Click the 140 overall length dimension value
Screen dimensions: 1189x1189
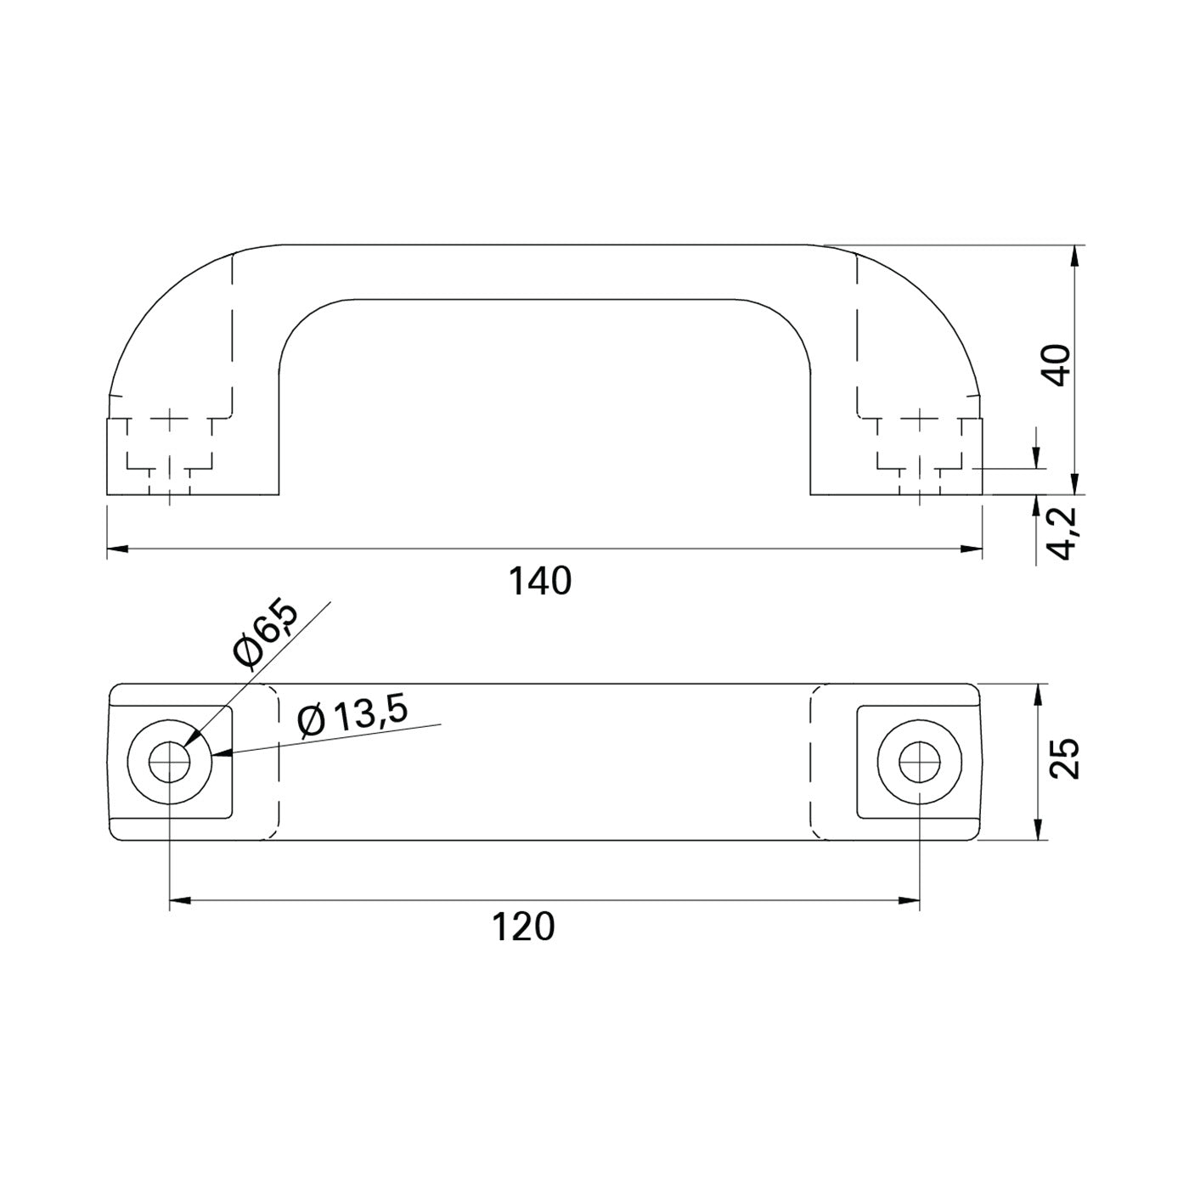coord(540,582)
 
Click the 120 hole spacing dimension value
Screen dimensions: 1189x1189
coord(523,927)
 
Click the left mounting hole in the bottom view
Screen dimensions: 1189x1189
coord(170,763)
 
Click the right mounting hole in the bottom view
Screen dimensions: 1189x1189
coord(920,763)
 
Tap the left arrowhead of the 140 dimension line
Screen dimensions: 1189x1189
coord(117,549)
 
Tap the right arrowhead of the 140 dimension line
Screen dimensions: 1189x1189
coord(972,549)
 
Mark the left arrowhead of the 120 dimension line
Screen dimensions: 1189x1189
coord(180,900)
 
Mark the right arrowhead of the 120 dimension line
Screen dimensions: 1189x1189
coord(910,900)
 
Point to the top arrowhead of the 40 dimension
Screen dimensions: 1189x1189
coord(1076,256)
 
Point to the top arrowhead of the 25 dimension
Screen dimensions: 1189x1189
coord(1036,694)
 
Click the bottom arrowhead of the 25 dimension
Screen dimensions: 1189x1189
coord(1036,831)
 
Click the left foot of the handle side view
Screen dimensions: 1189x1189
coord(193,456)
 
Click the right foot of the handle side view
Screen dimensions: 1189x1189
coord(897,456)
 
